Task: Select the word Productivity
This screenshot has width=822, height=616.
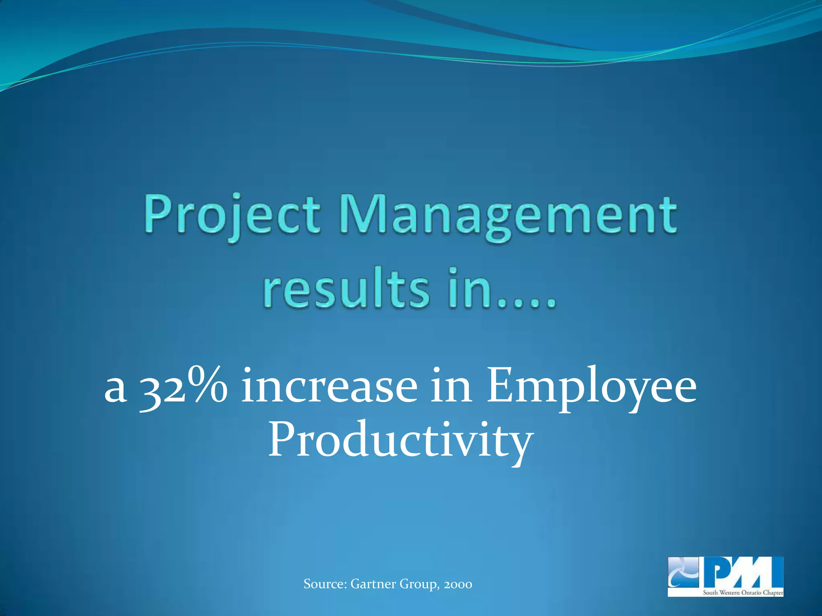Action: tap(401, 441)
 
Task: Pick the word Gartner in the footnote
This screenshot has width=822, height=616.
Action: tap(373, 584)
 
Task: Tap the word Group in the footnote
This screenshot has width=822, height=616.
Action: tap(419, 584)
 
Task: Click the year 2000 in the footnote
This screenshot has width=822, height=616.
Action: tap(458, 584)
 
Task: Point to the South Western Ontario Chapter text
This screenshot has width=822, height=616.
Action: tap(743, 593)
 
